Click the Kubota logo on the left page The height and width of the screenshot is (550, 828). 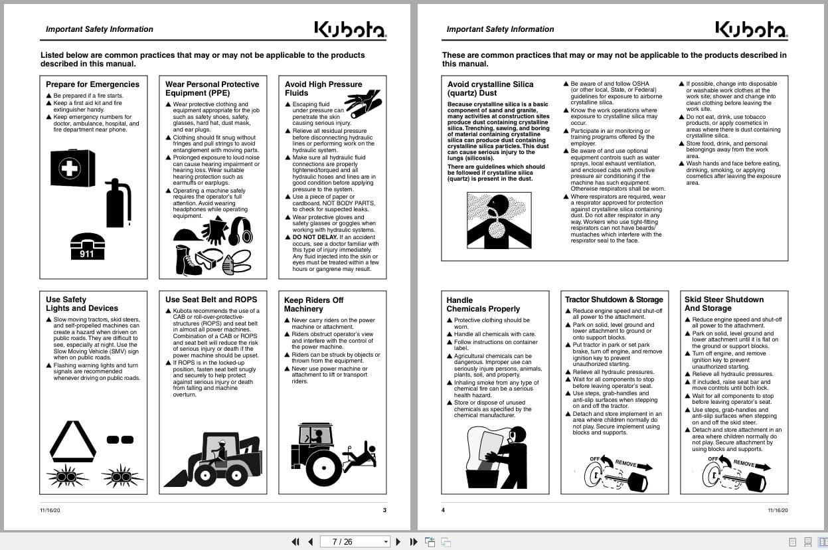[x=349, y=29]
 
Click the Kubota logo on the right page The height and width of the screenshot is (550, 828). [x=751, y=29]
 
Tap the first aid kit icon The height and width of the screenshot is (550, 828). [x=72, y=167]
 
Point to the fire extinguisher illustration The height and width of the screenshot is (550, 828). [x=118, y=202]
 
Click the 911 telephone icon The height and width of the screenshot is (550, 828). [x=87, y=246]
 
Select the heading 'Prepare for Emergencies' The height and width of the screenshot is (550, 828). [x=92, y=84]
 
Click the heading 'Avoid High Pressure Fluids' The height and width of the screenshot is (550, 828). [x=323, y=88]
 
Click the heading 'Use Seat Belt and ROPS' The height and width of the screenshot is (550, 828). [x=211, y=300]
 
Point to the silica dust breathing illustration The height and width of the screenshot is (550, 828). [x=499, y=220]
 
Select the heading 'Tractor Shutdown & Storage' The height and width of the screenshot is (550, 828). [x=614, y=300]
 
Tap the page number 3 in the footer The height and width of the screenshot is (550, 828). [x=384, y=510]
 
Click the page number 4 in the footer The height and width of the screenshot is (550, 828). [x=444, y=510]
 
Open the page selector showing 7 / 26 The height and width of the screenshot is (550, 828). [x=355, y=541]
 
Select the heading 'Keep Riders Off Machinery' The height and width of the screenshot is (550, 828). [x=313, y=304]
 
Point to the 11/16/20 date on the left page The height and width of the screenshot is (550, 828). [x=50, y=510]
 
